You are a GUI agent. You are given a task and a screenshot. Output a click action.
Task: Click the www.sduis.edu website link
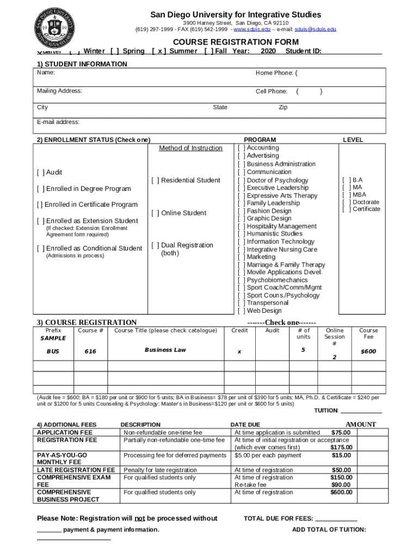[x=252, y=29]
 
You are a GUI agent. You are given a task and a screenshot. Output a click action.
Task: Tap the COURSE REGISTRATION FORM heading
[x=236, y=42]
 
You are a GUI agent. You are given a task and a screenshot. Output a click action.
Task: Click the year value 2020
[x=268, y=51]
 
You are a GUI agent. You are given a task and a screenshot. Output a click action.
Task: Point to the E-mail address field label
[x=58, y=122]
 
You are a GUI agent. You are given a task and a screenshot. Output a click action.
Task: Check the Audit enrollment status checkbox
[x=41, y=172]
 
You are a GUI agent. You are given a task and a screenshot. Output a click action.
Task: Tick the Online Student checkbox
[x=156, y=213]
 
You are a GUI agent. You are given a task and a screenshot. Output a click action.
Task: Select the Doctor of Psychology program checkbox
[x=242, y=181]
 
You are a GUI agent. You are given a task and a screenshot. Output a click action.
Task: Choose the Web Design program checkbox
[x=242, y=311]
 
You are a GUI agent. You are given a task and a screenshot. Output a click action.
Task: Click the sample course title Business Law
[x=165, y=350]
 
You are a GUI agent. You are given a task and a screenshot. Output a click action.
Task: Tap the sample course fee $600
[x=368, y=352]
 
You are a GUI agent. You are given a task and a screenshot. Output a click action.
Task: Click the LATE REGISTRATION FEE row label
[x=76, y=470]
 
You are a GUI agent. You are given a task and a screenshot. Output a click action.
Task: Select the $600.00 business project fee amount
[x=341, y=493]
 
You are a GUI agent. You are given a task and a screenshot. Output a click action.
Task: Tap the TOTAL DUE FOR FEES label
[x=278, y=519]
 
